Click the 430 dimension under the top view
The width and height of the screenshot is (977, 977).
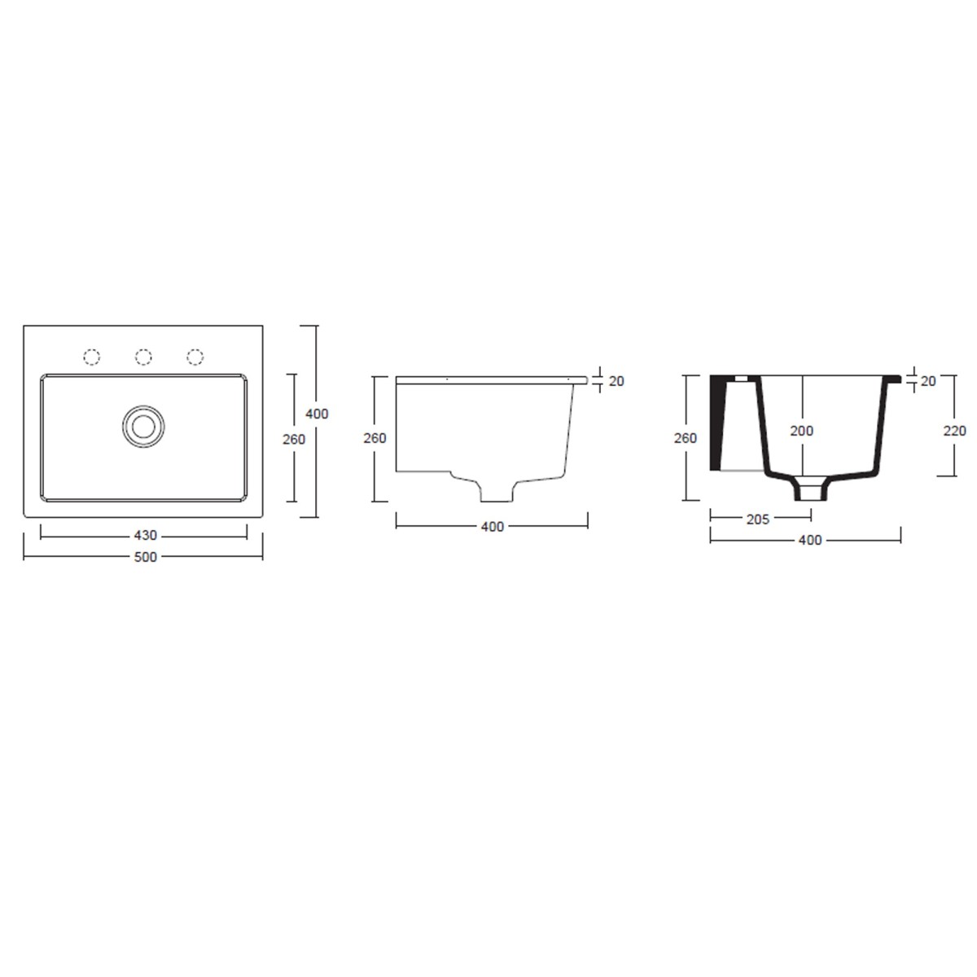pyautogui.click(x=146, y=536)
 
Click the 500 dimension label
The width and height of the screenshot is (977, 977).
pyautogui.click(x=146, y=557)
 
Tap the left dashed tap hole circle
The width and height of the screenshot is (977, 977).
pyautogui.click(x=92, y=357)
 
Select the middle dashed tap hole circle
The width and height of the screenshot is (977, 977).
pyautogui.click(x=143, y=357)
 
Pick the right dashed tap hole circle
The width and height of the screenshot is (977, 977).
pyautogui.click(x=195, y=357)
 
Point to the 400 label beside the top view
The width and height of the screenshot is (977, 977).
pyautogui.click(x=317, y=414)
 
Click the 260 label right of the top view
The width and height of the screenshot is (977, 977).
pyautogui.click(x=294, y=440)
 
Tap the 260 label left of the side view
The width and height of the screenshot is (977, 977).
pyautogui.click(x=375, y=438)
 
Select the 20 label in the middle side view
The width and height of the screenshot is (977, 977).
pyautogui.click(x=616, y=381)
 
